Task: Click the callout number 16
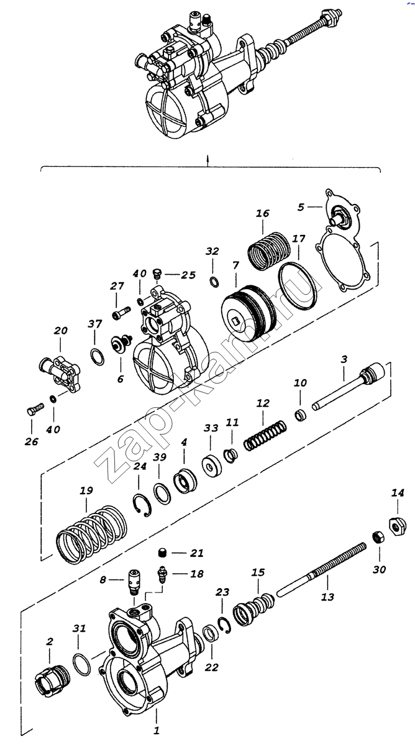(x=262, y=213)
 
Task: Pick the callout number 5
(x=301, y=206)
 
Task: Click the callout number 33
(x=211, y=428)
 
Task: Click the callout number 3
(x=343, y=359)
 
